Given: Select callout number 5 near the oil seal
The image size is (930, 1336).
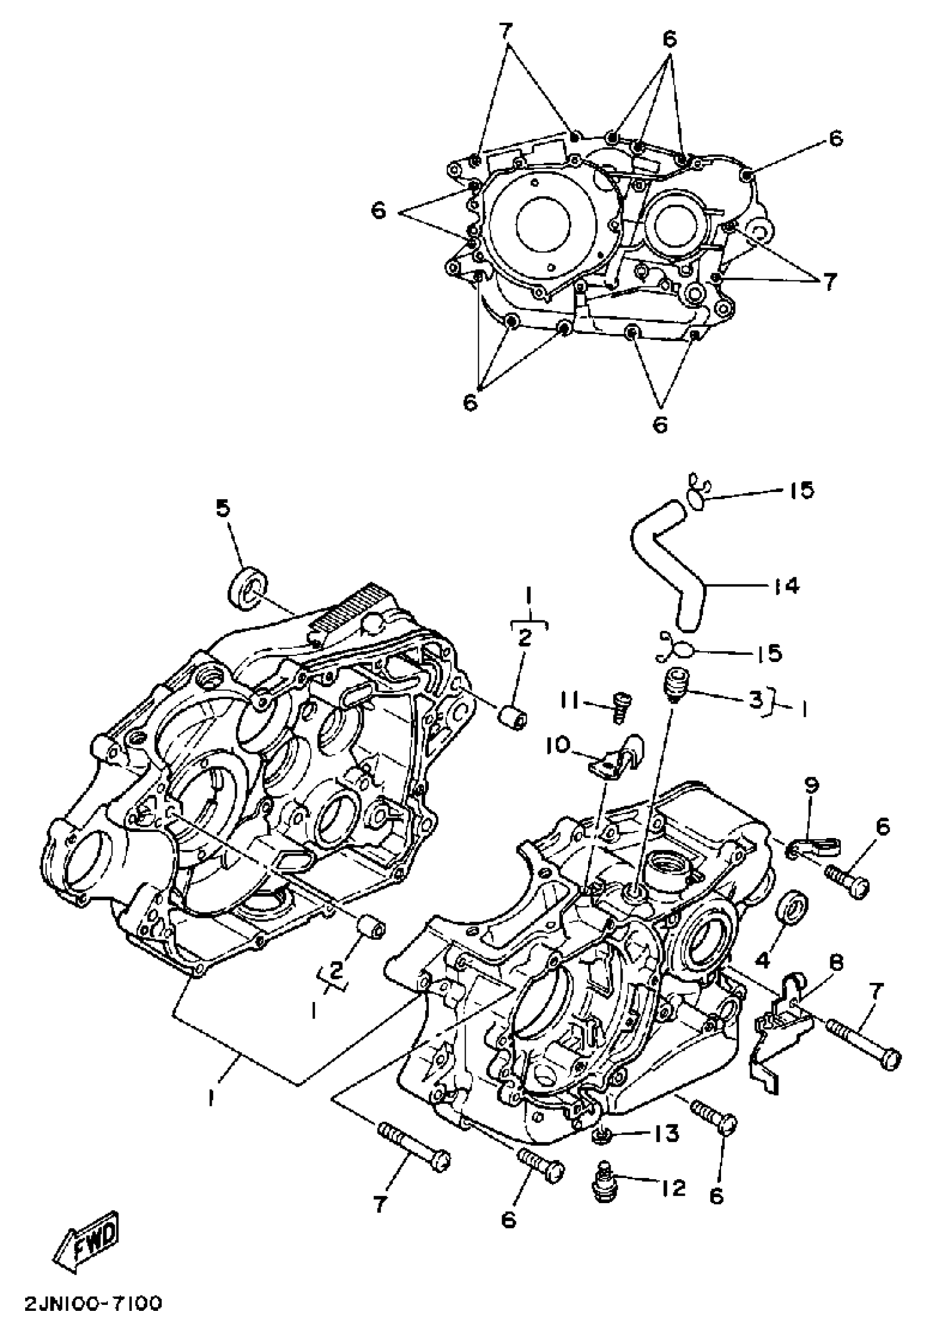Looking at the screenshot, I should point(223,508).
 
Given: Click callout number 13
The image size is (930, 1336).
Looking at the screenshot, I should point(665,1133).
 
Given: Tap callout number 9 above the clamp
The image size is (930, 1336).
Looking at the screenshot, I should point(812,786).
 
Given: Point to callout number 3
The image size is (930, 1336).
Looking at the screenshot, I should point(755,701).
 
